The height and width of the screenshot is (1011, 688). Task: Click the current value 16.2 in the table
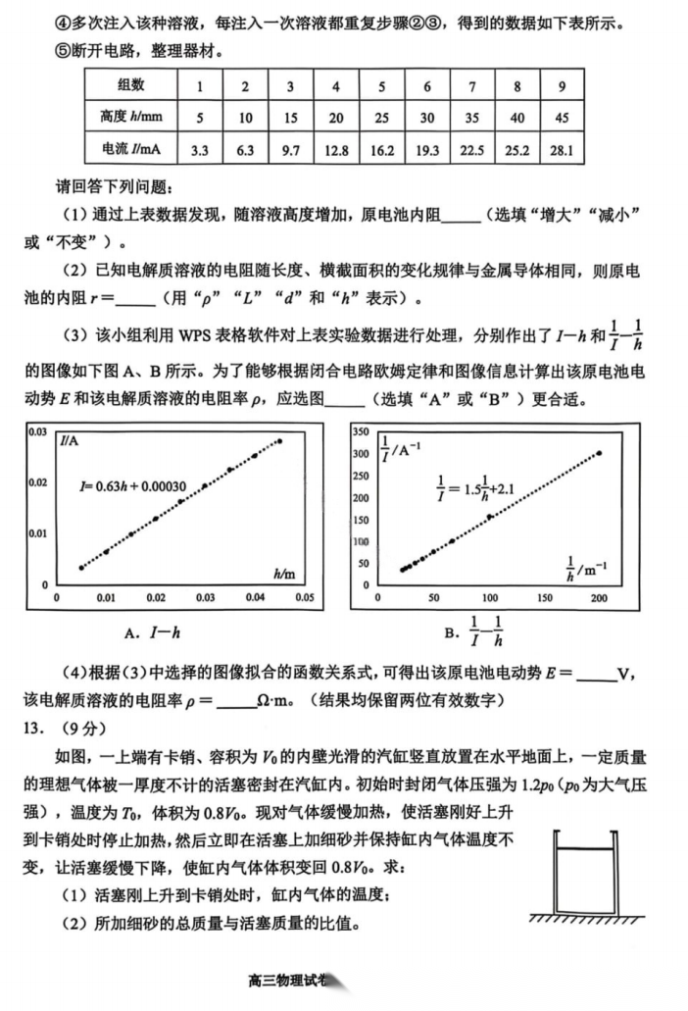pyautogui.click(x=381, y=150)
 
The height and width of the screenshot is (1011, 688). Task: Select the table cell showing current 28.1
pyautogui.click(x=563, y=150)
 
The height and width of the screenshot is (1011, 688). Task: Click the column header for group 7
pyautogui.click(x=472, y=85)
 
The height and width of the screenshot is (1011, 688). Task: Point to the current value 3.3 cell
pyautogui.click(x=200, y=150)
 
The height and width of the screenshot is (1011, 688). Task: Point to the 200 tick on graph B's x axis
pyautogui.click(x=599, y=597)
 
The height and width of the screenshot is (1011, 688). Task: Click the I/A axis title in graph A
pyautogui.click(x=70, y=440)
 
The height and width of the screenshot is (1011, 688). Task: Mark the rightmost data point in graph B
pyautogui.click(x=599, y=453)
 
